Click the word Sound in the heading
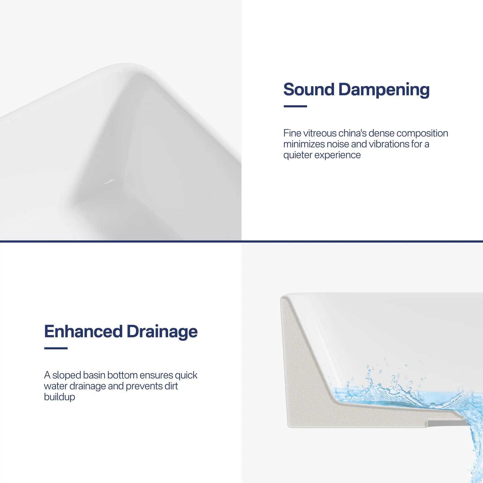point(309,89)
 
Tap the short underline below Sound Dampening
point(295,106)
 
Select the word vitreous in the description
point(320,133)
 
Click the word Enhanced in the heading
point(83,331)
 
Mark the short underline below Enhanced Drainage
point(56,348)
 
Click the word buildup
point(60,397)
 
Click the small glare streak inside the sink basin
point(109,182)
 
